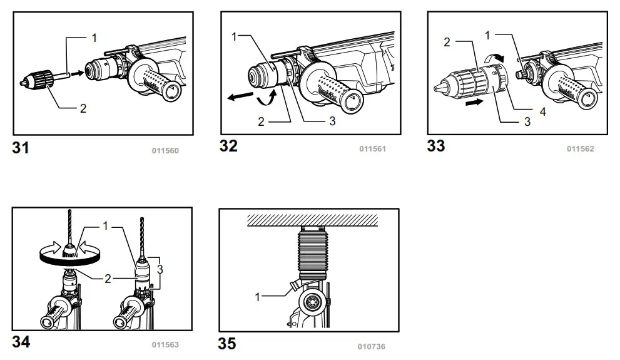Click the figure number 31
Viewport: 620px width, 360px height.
(x=21, y=148)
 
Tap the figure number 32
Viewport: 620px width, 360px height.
(x=228, y=146)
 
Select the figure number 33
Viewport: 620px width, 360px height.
(x=436, y=146)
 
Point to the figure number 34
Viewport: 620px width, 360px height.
(x=21, y=342)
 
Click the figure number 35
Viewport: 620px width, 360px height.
(x=227, y=344)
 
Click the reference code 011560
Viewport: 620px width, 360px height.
(x=165, y=150)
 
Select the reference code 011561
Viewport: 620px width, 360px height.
(x=372, y=149)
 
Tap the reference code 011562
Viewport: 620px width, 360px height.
(x=580, y=149)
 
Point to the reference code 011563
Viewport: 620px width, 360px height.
(x=165, y=344)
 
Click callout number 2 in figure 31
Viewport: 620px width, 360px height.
(x=83, y=108)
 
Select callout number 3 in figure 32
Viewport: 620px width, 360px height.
(x=332, y=121)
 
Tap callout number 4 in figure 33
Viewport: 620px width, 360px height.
(x=543, y=112)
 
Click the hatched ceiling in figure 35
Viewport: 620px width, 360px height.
(x=312, y=219)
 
